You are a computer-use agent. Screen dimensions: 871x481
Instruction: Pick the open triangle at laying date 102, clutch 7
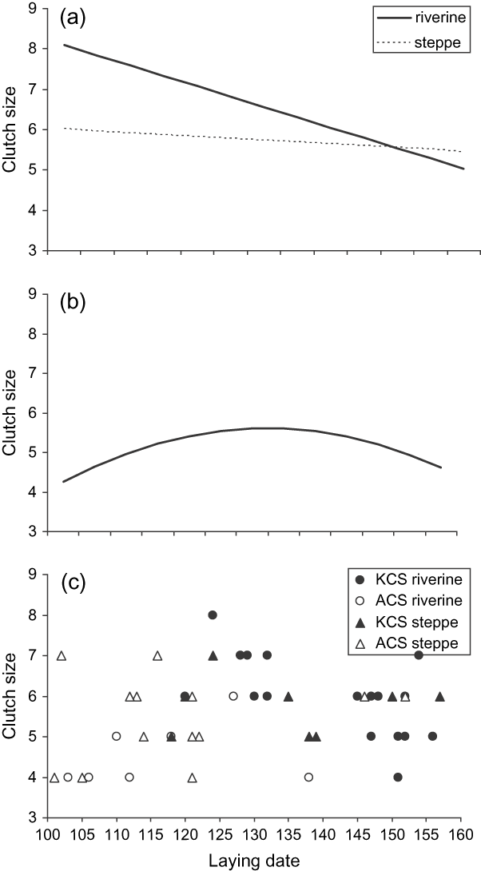tap(62, 655)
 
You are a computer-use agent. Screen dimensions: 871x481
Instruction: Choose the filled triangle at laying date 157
tap(439, 696)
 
